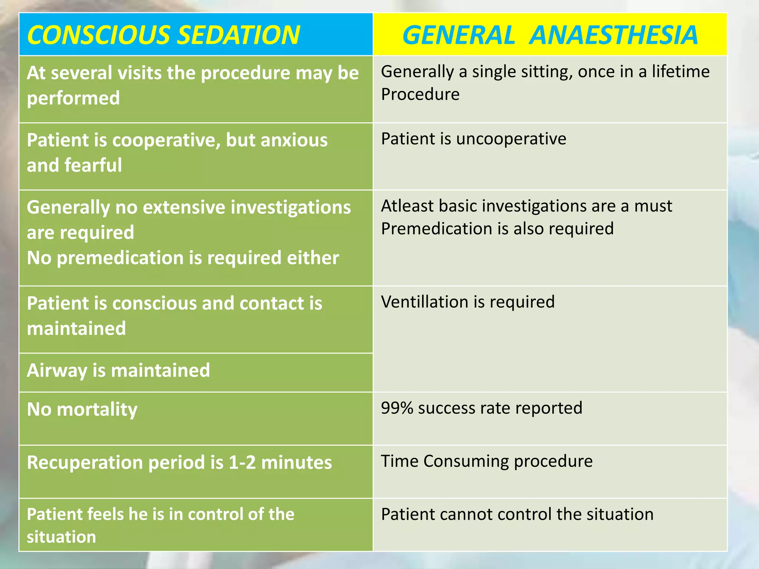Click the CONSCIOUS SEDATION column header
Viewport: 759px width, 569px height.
coord(163,35)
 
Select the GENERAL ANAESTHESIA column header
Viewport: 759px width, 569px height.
coord(550,35)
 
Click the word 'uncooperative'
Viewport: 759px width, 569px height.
coord(511,139)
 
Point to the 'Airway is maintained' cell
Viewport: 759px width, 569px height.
coord(118,370)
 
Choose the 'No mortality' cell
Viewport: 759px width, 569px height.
coord(82,410)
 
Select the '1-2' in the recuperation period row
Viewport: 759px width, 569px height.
coord(242,463)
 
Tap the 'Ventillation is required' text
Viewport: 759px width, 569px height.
coord(468,302)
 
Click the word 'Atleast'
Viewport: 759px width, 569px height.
coord(407,206)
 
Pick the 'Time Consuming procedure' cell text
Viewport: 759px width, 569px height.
coord(487,461)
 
